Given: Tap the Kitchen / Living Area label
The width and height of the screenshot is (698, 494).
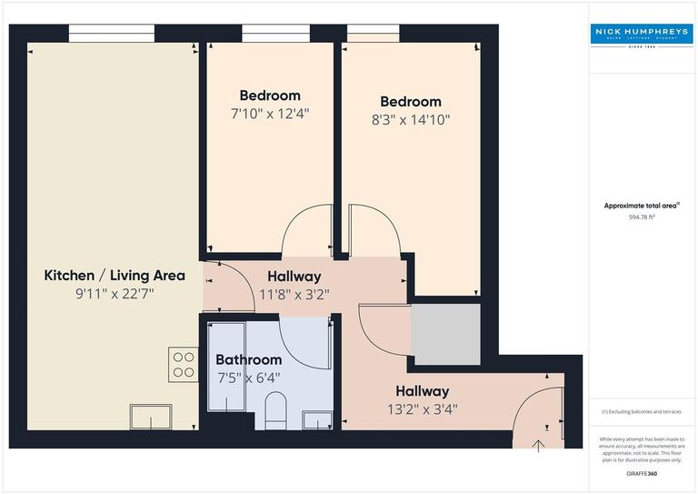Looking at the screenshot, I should (x=115, y=275).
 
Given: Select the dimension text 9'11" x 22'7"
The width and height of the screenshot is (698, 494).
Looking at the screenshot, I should (x=115, y=294).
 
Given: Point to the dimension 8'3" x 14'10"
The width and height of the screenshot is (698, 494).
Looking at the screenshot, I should (x=411, y=119).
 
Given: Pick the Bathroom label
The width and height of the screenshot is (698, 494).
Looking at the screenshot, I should (x=248, y=359).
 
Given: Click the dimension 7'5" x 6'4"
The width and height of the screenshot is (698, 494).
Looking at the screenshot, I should (x=248, y=378).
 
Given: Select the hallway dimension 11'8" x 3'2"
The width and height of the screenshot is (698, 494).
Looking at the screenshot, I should (x=294, y=294).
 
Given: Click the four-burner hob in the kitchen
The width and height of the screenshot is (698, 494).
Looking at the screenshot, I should (x=183, y=364).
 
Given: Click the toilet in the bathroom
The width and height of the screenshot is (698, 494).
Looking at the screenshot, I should (x=275, y=410).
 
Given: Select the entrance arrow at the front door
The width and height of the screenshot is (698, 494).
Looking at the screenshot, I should (x=538, y=445).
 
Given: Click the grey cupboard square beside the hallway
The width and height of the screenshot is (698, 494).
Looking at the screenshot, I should (x=445, y=334).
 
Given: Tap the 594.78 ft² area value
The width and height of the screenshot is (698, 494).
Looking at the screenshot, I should (x=643, y=217).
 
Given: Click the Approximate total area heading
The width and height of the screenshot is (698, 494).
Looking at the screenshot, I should (x=642, y=207).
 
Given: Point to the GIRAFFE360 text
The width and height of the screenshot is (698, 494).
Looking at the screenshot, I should (x=642, y=475).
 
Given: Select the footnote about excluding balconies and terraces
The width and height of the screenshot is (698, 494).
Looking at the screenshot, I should (x=642, y=411).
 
